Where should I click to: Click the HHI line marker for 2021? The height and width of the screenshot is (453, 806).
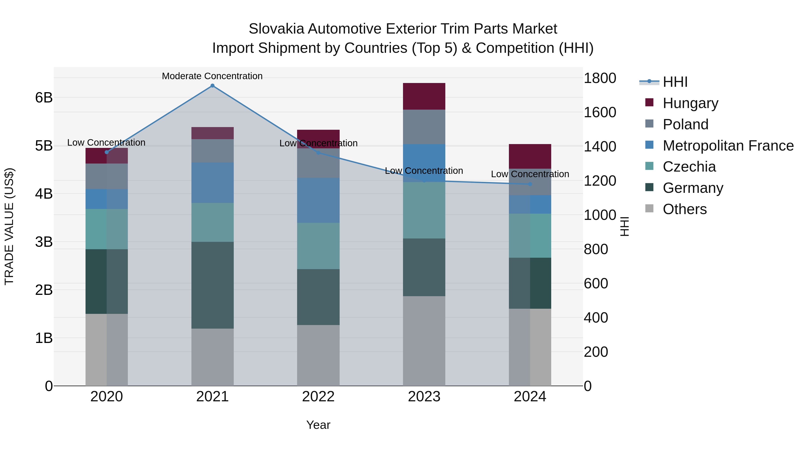pos(212,86)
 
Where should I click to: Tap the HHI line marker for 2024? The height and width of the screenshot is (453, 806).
pos(530,184)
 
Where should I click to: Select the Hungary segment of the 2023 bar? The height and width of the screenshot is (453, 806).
pos(424,96)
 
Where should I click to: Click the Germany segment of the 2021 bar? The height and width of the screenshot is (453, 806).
pos(212,285)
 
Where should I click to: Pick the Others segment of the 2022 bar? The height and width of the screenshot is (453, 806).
pos(318,355)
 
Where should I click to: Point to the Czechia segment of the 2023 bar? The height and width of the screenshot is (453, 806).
pos(424,210)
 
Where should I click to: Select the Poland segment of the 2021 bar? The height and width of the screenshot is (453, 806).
pos(212,151)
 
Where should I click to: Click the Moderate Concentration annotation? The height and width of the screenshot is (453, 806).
pos(212,76)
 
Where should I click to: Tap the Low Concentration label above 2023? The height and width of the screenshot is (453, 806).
pos(424,171)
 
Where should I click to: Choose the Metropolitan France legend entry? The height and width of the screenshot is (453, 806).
pos(728,146)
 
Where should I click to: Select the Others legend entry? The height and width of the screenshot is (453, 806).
pos(685,209)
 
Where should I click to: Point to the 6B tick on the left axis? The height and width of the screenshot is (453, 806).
pos(44,98)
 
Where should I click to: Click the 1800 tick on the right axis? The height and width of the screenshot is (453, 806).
pos(600,78)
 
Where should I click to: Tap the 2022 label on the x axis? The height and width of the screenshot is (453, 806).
pos(318,397)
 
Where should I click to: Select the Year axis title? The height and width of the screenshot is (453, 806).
pos(318,425)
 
